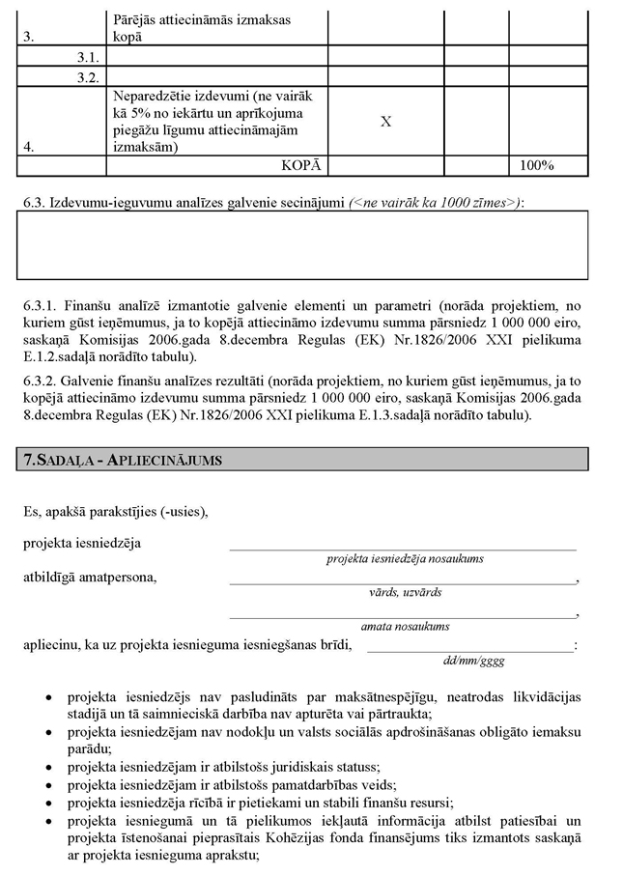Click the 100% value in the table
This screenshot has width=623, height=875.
click(536, 165)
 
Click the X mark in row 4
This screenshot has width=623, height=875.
click(385, 122)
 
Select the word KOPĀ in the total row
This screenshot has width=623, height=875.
click(300, 165)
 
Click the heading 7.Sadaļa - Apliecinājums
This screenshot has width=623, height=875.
click(123, 460)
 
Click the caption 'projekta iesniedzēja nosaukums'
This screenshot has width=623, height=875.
click(405, 558)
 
